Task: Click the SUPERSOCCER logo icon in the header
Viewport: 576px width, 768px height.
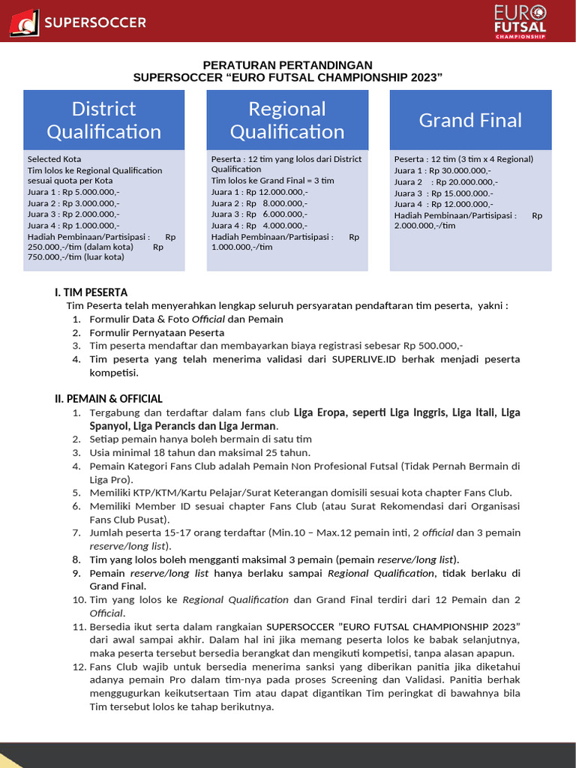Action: [25, 22]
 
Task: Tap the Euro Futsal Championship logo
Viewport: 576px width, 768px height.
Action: [519, 21]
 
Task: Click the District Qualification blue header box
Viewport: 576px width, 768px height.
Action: [104, 120]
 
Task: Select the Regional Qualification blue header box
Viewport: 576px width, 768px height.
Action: [287, 120]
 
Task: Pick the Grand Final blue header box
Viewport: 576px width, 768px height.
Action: [470, 120]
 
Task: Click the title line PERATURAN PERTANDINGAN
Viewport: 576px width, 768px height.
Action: [288, 65]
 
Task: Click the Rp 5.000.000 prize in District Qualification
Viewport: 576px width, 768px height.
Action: [89, 192]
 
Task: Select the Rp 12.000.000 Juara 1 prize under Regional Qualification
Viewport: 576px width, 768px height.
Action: [277, 192]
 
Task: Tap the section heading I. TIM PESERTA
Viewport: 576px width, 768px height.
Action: [91, 292]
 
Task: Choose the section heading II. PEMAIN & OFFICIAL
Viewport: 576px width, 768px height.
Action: [108, 399]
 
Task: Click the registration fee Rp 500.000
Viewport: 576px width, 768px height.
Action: [433, 346]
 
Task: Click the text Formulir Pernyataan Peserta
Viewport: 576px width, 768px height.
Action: [157, 332]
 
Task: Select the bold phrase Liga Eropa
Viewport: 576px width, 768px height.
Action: [319, 412]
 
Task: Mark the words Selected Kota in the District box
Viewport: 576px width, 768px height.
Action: [55, 159]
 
